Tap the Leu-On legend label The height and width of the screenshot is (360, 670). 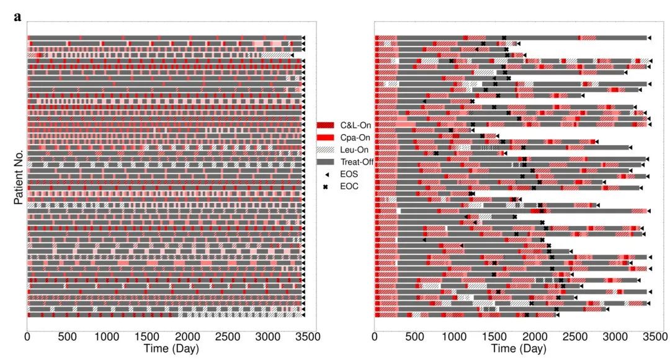tap(354, 150)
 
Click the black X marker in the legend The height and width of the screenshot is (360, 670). tap(326, 186)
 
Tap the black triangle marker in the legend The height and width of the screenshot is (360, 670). tap(326, 174)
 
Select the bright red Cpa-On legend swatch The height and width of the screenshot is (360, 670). tap(326, 137)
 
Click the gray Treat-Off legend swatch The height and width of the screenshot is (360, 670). tap(326, 161)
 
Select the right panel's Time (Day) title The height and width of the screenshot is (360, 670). tap(519, 349)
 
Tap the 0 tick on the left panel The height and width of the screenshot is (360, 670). tap(27, 336)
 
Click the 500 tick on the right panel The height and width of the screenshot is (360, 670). tap(414, 336)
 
